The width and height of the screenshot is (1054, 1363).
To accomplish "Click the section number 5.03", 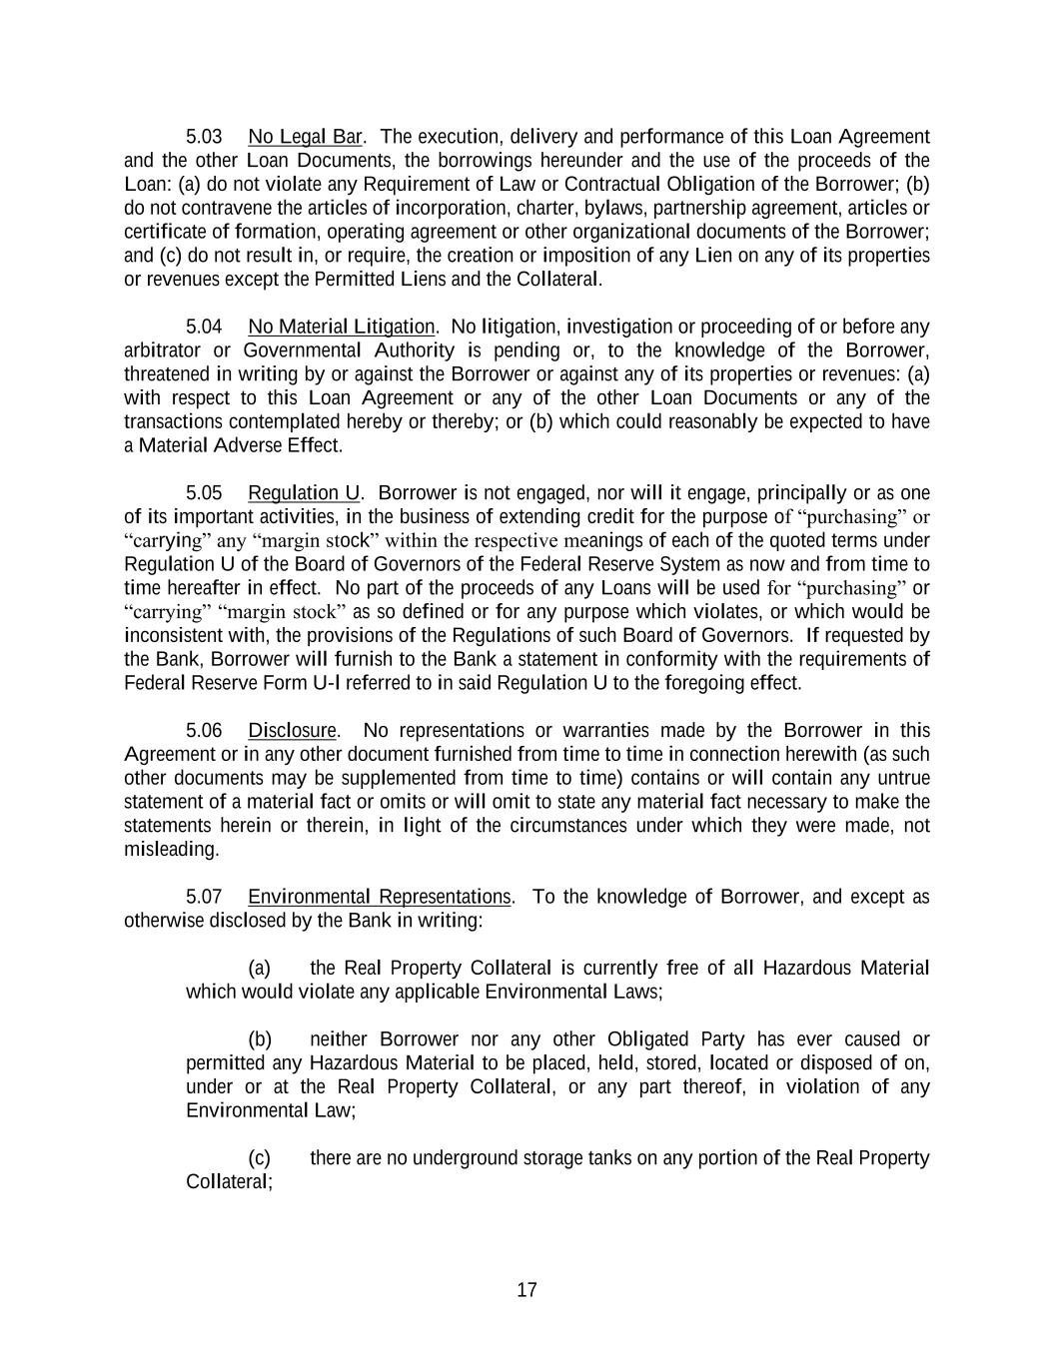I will pyautogui.click(x=204, y=137).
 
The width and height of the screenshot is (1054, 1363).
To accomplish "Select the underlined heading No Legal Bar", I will pyautogui.click(x=305, y=137).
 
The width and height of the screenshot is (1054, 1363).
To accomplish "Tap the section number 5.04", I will pyautogui.click(x=204, y=327).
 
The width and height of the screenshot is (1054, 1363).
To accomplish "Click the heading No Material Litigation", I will pyautogui.click(x=341, y=327).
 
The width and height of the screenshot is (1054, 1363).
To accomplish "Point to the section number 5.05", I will pyautogui.click(x=204, y=493).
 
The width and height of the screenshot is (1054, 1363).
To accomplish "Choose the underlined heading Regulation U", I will pyautogui.click(x=304, y=493).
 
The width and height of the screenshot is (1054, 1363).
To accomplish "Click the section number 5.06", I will pyautogui.click(x=204, y=731).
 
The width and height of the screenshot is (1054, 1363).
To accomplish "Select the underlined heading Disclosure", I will pyautogui.click(x=292, y=731).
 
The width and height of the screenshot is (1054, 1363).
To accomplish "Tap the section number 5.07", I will pyautogui.click(x=204, y=897).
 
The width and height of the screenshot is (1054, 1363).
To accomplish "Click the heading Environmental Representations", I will pyautogui.click(x=379, y=897).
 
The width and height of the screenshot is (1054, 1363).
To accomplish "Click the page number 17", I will pyautogui.click(x=527, y=1290).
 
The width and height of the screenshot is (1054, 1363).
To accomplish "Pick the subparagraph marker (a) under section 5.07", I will pyautogui.click(x=259, y=969).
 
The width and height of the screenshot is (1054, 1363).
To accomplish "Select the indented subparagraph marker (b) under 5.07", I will pyautogui.click(x=259, y=1039).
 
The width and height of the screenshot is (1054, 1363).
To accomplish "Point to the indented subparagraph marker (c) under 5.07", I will pyautogui.click(x=259, y=1158).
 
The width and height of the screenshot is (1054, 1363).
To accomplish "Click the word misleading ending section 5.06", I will pyautogui.click(x=170, y=850).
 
